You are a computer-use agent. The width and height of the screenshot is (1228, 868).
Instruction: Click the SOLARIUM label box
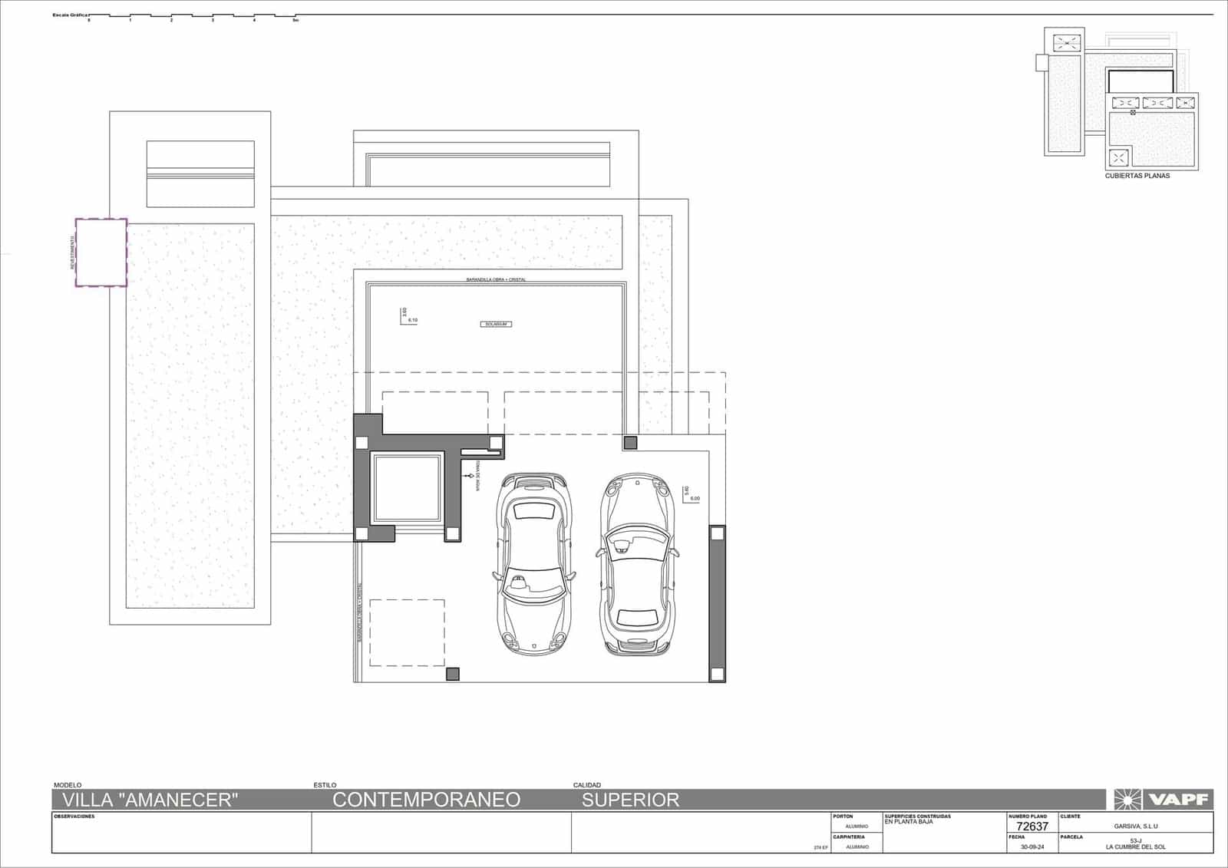496,325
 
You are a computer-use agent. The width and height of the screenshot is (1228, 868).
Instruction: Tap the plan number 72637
1032,827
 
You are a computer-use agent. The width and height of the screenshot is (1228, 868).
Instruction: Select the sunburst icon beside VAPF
1127,800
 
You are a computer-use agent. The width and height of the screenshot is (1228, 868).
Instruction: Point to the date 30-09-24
1032,847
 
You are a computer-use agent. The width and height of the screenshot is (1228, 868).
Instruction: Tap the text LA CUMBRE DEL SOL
1135,847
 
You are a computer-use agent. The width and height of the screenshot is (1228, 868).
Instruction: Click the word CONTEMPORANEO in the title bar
426,800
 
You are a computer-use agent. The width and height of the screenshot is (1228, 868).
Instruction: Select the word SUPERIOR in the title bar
630,800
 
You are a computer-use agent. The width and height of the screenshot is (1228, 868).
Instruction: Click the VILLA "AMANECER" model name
150,800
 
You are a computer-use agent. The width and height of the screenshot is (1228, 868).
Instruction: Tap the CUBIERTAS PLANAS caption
1137,176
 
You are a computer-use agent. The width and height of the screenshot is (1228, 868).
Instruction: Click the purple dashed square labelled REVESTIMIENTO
101,252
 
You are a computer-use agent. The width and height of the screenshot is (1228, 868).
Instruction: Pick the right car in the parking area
636,564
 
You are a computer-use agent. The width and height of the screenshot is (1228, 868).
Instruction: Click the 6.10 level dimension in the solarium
412,320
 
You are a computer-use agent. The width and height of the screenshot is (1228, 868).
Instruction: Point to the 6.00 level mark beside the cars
695,499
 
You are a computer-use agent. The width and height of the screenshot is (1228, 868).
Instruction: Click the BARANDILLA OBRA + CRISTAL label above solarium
496,279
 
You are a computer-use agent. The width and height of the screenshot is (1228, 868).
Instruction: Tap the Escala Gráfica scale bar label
70,15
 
